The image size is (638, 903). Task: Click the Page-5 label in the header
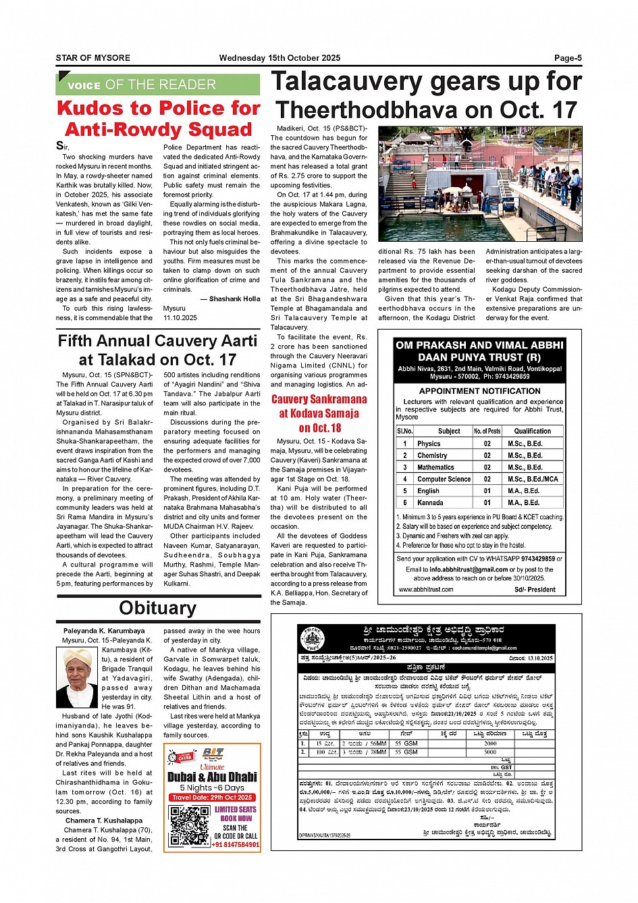(568, 58)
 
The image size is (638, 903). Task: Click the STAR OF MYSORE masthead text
(93, 58)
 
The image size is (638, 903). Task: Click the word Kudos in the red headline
(90, 108)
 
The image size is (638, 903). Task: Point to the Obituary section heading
(158, 608)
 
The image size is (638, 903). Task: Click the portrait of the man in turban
(77, 677)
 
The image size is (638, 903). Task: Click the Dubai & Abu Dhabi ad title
(212, 777)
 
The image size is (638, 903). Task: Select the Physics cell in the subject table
(429, 444)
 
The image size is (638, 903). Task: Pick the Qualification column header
(532, 431)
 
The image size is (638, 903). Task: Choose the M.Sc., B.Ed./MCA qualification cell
(533, 479)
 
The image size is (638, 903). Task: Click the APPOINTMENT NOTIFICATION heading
(479, 391)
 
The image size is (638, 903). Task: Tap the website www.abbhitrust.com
(426, 590)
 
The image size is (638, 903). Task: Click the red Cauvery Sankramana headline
(319, 399)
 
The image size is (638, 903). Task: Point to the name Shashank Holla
(234, 299)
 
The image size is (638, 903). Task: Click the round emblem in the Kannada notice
(313, 639)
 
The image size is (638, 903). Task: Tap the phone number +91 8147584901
(236, 845)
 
